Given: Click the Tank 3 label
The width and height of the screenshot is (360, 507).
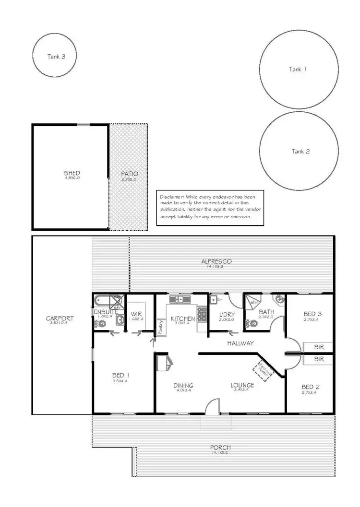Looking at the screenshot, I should [x=56, y=56].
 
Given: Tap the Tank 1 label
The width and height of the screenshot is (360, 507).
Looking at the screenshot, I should [x=298, y=69].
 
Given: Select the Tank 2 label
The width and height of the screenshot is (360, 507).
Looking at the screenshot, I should [x=300, y=151].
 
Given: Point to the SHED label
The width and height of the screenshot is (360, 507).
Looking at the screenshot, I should [x=72, y=173].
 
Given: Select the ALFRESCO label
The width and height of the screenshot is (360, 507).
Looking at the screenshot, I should [x=216, y=261].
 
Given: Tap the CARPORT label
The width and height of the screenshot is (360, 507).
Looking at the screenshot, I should [x=60, y=318].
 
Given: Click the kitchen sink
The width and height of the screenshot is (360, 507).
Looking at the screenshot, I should [x=180, y=299].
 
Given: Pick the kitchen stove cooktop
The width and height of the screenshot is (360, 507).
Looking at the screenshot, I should [x=202, y=314].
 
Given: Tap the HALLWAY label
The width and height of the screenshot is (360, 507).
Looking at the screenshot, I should [x=240, y=343].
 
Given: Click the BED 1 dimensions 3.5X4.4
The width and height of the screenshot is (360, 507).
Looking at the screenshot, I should [x=120, y=381].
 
